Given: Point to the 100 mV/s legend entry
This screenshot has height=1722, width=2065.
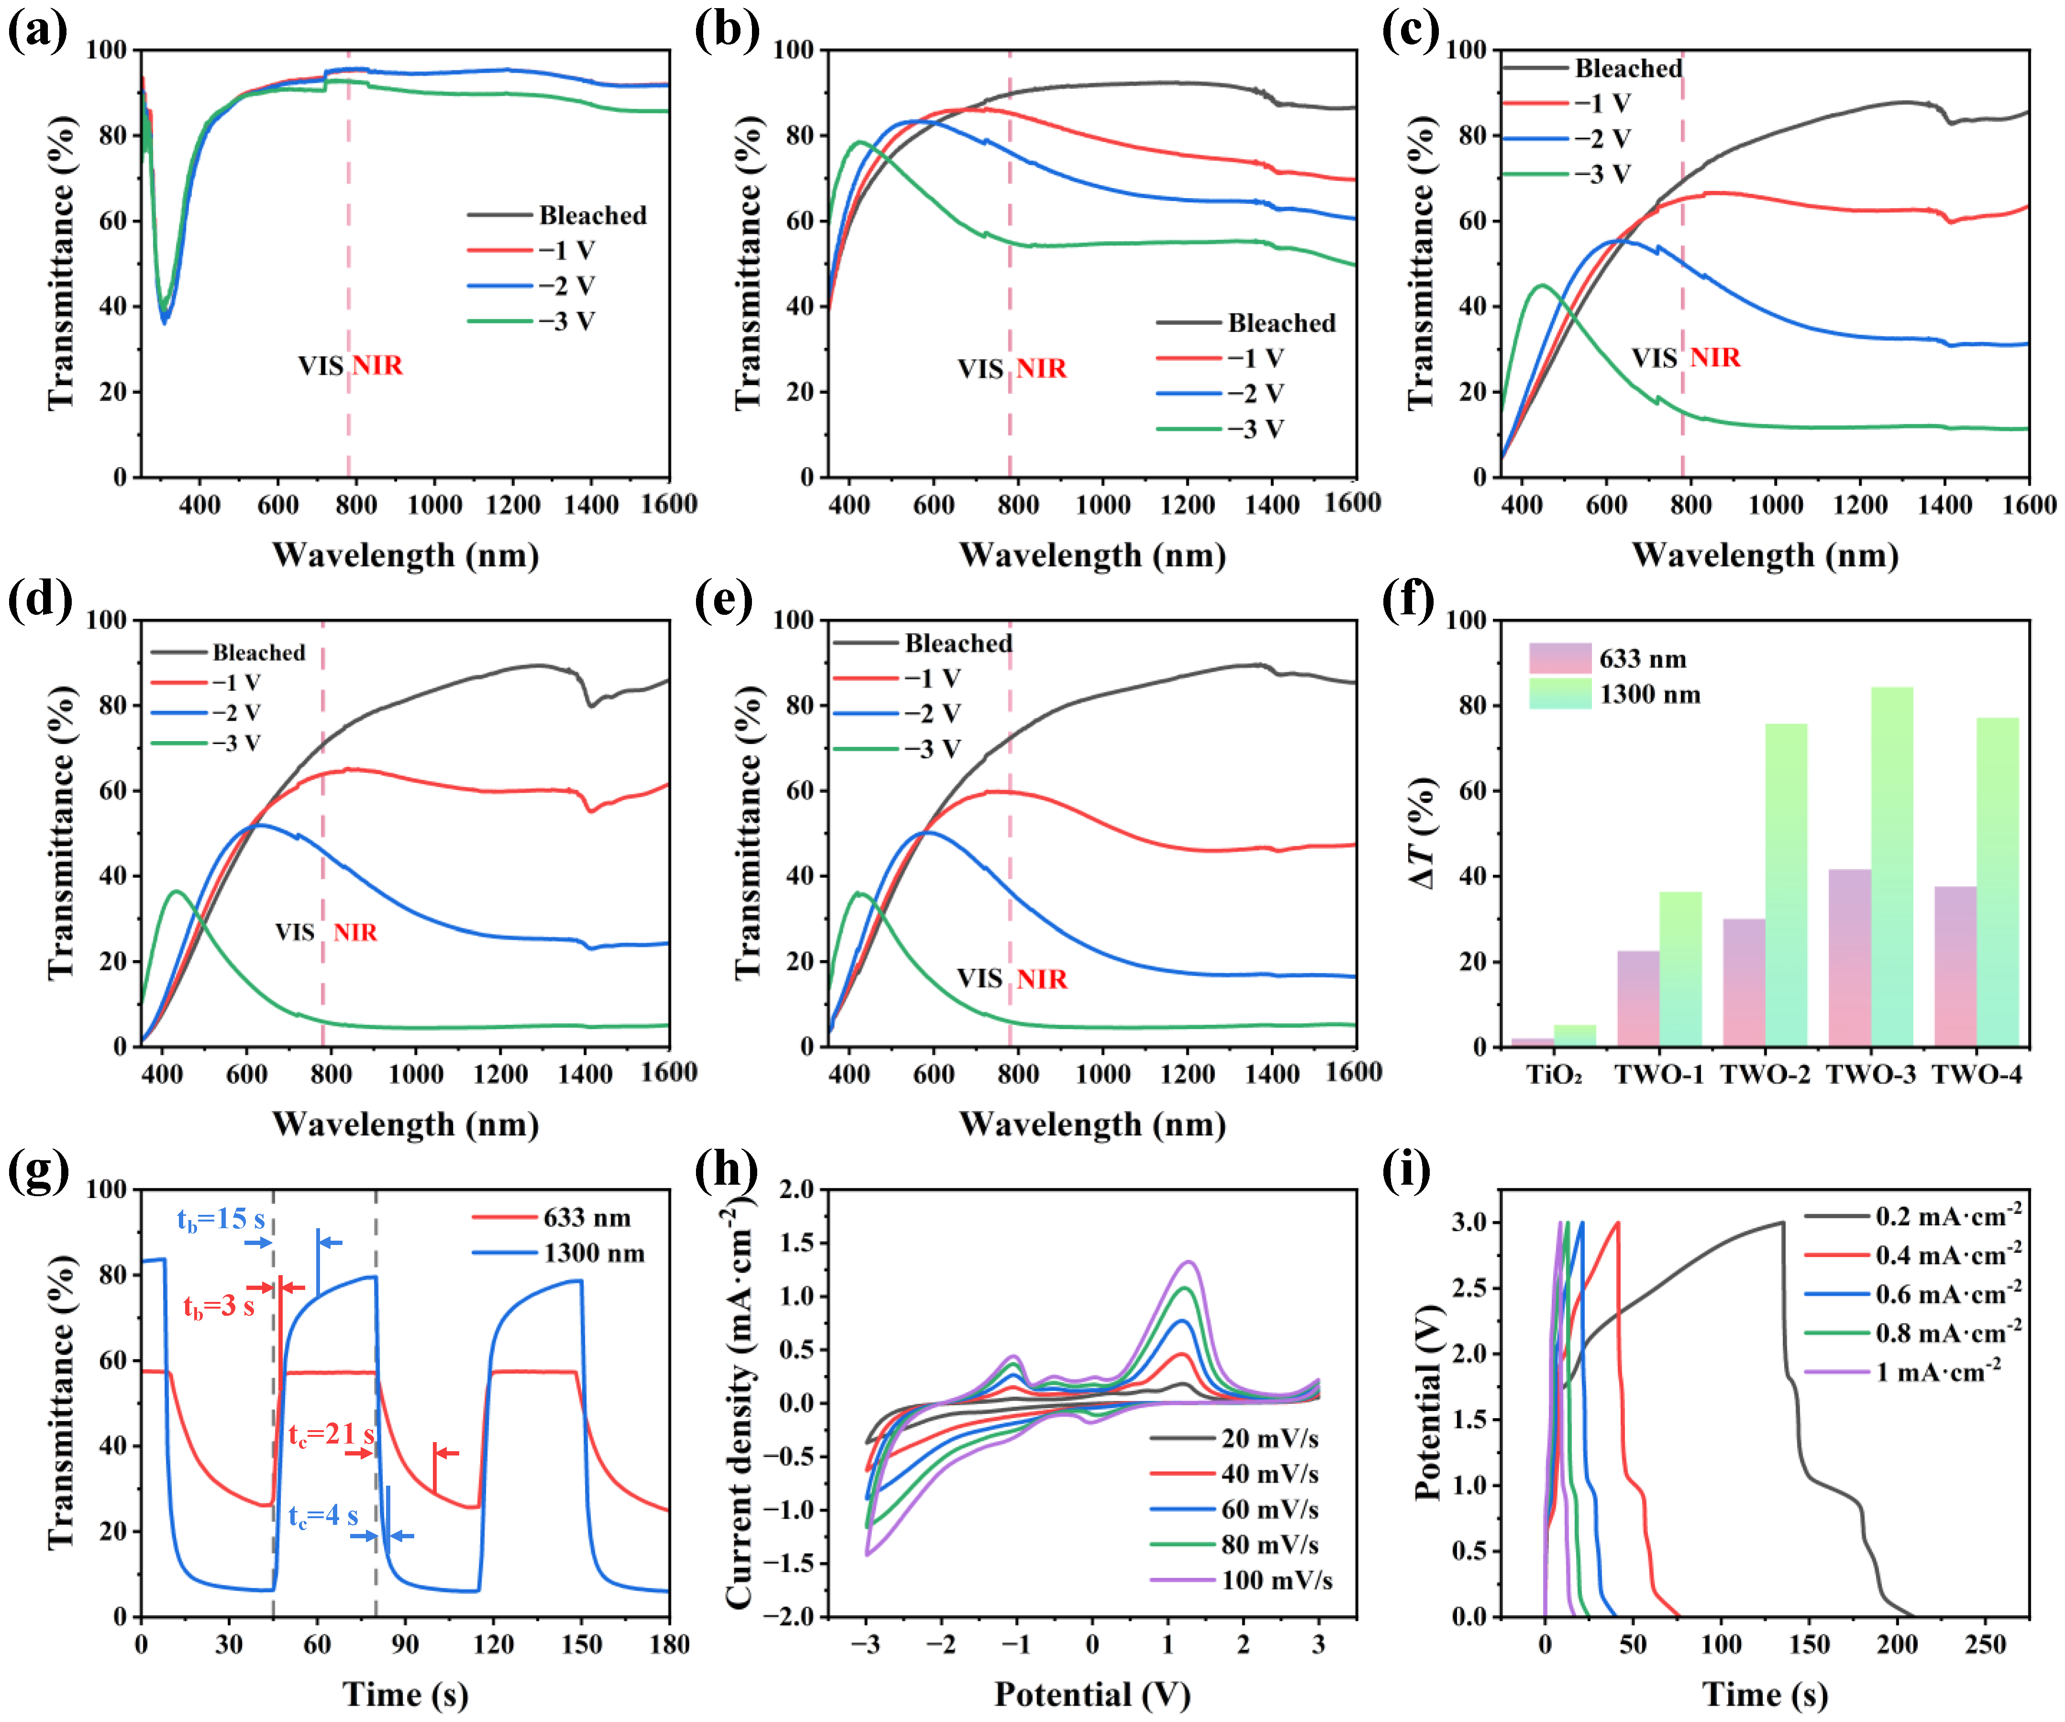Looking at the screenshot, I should coord(1275,1580).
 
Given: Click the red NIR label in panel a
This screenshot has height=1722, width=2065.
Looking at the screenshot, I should coord(377,366).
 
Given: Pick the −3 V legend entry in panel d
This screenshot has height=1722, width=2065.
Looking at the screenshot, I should coord(236,743).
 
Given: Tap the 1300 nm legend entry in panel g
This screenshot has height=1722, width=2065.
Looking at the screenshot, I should coord(593,1253).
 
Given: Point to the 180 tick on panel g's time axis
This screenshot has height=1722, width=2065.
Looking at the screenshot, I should coord(669,1644).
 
